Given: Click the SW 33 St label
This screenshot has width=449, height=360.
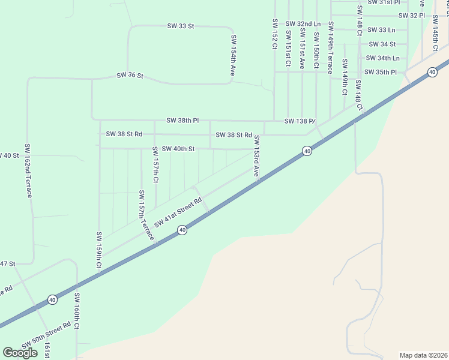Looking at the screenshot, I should pos(181,26).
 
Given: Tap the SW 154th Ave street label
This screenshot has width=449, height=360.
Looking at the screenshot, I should pos(234,55).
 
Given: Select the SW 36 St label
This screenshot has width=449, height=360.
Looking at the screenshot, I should pos(130,76).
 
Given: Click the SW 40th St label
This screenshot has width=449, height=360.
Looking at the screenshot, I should pos(178,148).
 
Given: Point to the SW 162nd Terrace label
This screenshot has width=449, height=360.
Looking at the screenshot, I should pos(28,170).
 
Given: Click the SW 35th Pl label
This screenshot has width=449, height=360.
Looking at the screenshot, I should pos(382,72).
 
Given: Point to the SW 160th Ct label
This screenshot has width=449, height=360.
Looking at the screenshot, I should pos(77,311).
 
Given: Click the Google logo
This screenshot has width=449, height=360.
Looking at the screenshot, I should pos(20,352).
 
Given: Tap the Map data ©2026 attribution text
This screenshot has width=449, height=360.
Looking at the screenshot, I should pos(423,355).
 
